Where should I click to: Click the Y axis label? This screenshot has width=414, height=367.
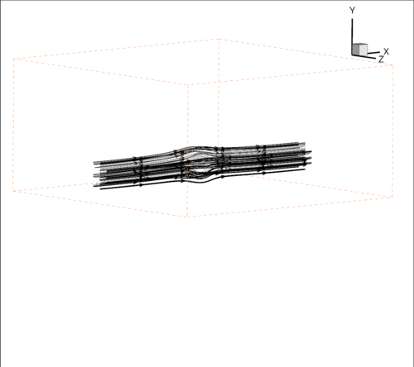352,11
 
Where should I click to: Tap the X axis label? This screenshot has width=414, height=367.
386,51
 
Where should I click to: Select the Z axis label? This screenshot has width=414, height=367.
381,59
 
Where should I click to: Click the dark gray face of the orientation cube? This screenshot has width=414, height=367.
355,50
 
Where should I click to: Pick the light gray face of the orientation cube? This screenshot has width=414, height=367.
363,50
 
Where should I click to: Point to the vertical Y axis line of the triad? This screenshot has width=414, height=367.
352,36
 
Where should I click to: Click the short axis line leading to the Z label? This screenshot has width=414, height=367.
363,57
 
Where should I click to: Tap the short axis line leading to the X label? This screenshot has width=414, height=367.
373,53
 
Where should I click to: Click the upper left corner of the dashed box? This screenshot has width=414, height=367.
13,59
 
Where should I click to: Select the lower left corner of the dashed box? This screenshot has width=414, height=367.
13,191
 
